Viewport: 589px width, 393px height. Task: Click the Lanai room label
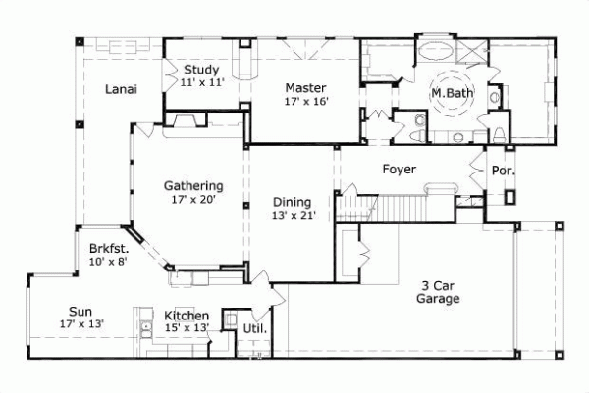[121, 89]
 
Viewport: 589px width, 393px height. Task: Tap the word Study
[201, 70]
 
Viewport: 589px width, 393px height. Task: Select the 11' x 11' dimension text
[202, 83]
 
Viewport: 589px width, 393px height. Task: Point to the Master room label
[305, 87]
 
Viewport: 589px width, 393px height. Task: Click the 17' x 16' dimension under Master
[305, 101]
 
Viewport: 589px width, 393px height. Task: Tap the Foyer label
[399, 170]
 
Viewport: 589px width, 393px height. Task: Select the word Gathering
[193, 185]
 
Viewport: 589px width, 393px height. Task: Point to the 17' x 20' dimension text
[193, 199]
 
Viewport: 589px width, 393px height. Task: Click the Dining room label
[294, 202]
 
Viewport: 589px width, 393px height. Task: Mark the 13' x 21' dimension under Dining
[294, 216]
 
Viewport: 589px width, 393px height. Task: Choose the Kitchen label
[187, 316]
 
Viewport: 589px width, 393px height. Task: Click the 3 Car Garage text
[439, 292]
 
